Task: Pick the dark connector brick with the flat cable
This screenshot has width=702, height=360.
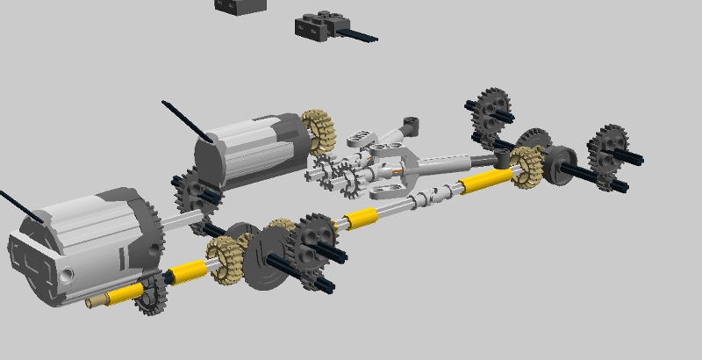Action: tap(317, 25)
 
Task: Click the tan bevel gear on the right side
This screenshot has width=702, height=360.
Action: tap(526, 166)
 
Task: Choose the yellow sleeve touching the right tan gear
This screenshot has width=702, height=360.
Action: tap(485, 182)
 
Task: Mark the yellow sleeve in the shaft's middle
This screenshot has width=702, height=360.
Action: tap(361, 219)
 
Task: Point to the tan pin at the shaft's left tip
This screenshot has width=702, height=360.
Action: tap(96, 304)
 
